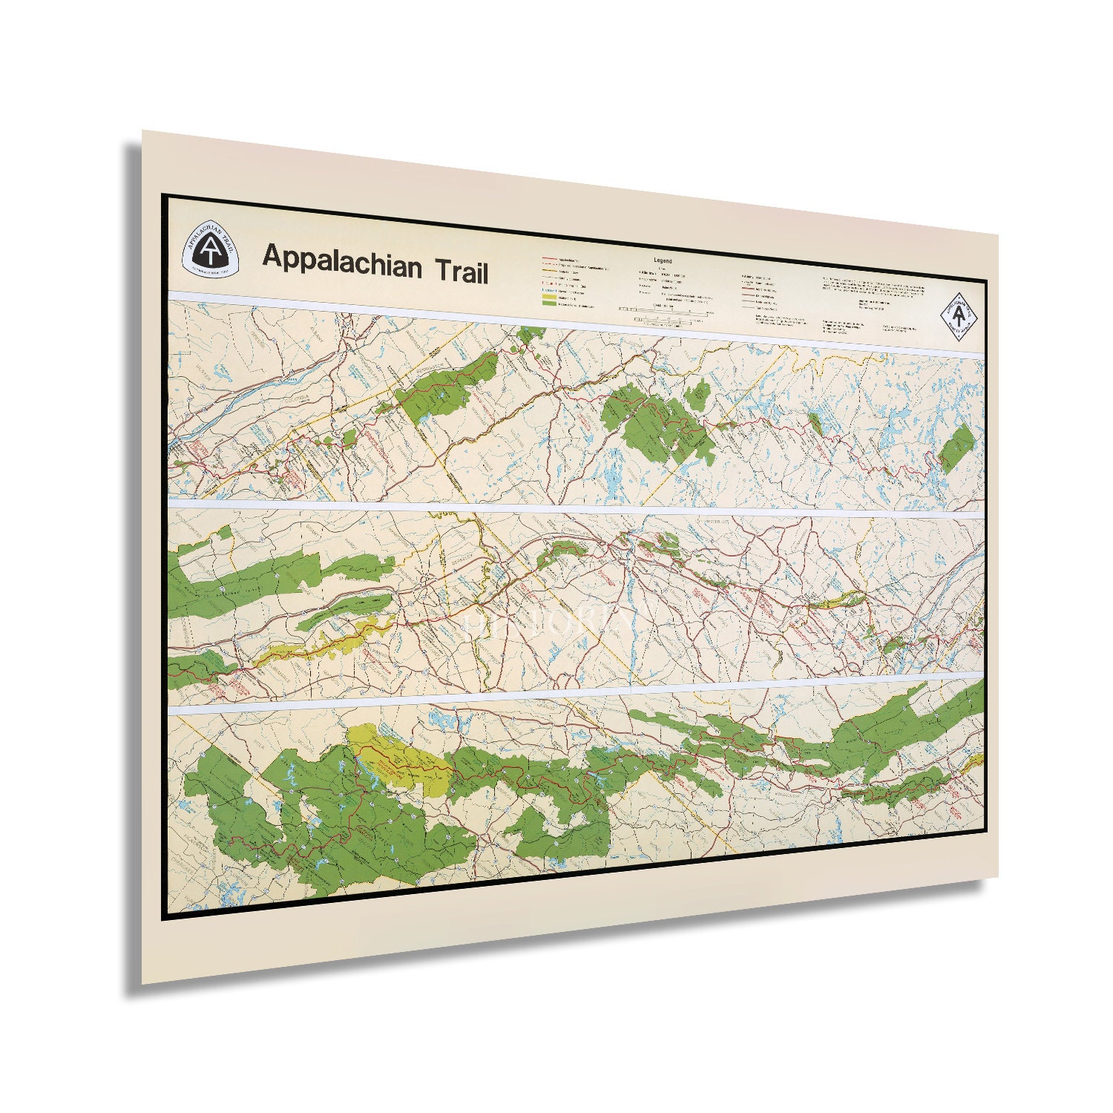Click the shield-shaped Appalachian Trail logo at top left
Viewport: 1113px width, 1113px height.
click(211, 249)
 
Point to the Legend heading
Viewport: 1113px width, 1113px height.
click(663, 260)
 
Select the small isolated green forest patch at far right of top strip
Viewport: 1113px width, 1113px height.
click(956, 448)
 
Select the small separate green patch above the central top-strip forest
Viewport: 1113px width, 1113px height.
click(696, 393)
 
